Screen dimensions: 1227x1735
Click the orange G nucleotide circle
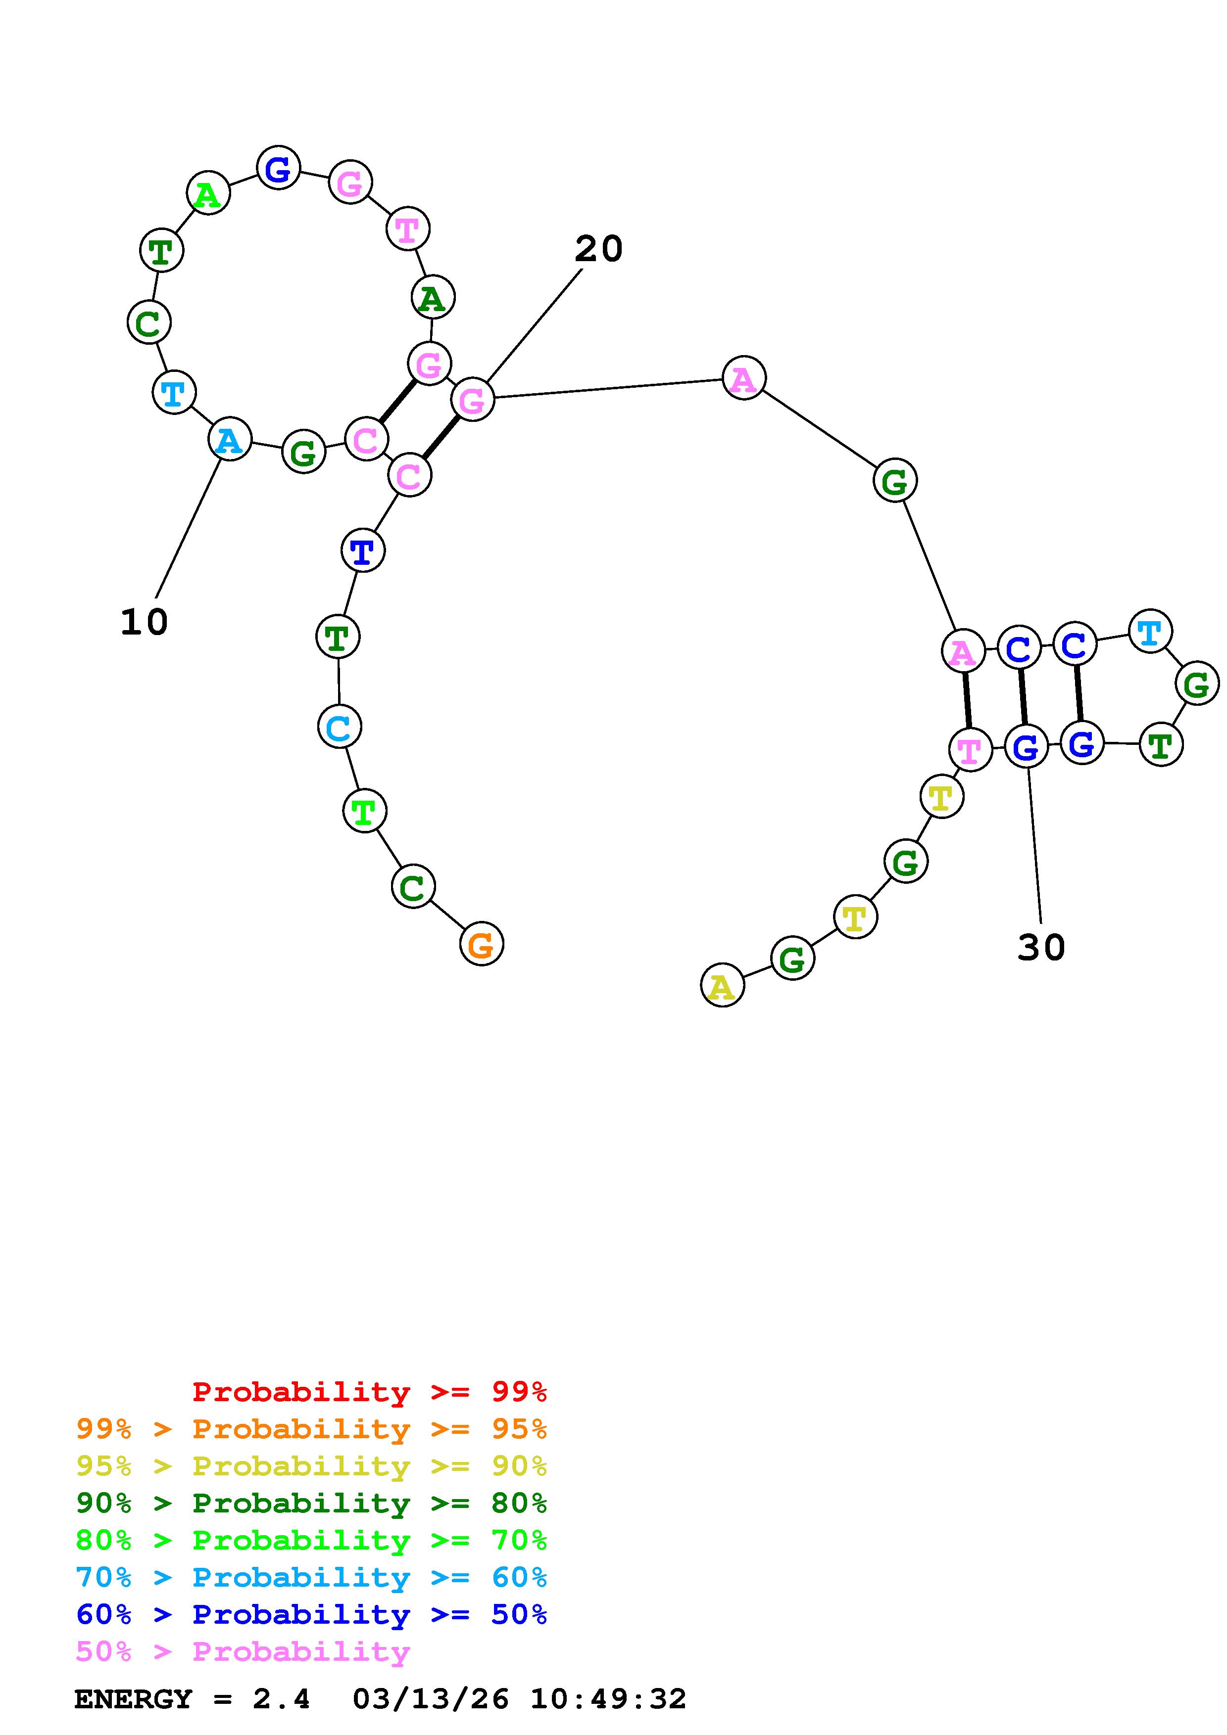click(x=481, y=944)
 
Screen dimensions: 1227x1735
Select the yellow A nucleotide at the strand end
click(x=722, y=985)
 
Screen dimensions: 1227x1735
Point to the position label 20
click(x=598, y=249)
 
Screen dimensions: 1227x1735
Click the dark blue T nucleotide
click(x=363, y=551)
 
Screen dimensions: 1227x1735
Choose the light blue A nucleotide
click(x=229, y=439)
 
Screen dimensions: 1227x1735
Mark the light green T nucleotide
click(x=364, y=812)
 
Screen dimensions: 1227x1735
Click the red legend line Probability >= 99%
click(x=369, y=1392)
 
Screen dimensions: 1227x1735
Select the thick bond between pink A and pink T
click(x=966, y=700)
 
